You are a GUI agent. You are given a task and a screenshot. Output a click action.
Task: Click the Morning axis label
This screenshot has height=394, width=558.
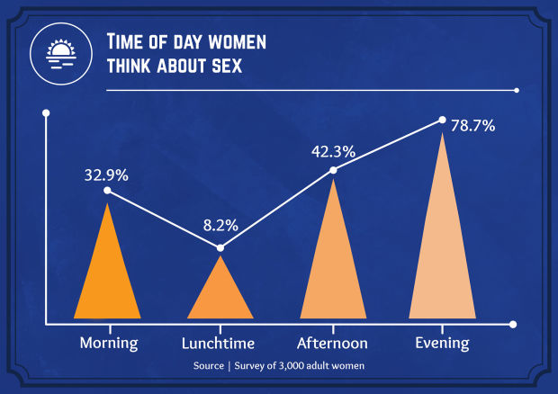[108, 343]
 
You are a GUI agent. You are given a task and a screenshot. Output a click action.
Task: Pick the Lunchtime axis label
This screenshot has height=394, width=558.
[218, 343]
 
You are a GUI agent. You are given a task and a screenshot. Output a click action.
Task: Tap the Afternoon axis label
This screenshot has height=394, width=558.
[332, 343]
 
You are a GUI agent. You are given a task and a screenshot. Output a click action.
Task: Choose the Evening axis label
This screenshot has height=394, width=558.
[442, 343]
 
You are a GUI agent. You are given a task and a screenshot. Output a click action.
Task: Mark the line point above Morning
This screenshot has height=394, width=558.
[107, 191]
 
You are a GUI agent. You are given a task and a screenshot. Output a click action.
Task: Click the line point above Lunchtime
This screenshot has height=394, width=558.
[220, 247]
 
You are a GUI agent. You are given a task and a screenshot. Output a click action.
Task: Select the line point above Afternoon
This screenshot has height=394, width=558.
[333, 170]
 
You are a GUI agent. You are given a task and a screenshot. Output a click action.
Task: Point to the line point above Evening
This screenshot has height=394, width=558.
[442, 120]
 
